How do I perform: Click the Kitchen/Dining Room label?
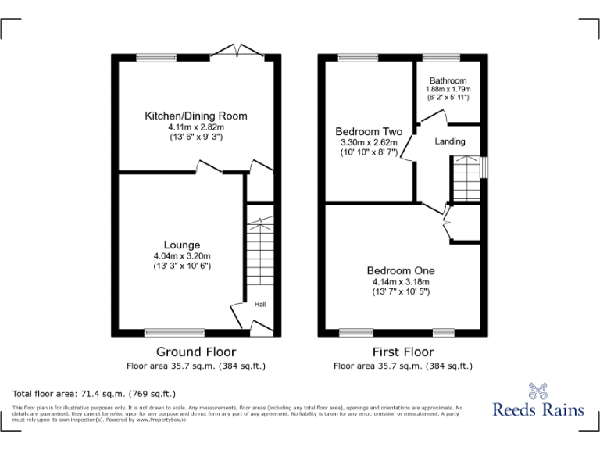(196, 116)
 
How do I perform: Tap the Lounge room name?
(182, 245)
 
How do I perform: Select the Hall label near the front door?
(259, 304)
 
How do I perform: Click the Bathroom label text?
(448, 80)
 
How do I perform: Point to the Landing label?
(450, 141)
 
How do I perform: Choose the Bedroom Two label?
(369, 131)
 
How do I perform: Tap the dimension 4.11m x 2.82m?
(196, 127)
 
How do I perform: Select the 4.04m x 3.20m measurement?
(182, 256)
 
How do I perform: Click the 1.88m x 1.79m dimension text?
(448, 90)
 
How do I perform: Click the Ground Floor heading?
(196, 352)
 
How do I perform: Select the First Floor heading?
(403, 352)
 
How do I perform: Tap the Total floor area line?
(95, 393)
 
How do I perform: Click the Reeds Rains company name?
(537, 409)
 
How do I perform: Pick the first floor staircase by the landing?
(466, 178)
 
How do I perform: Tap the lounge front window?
(175, 332)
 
